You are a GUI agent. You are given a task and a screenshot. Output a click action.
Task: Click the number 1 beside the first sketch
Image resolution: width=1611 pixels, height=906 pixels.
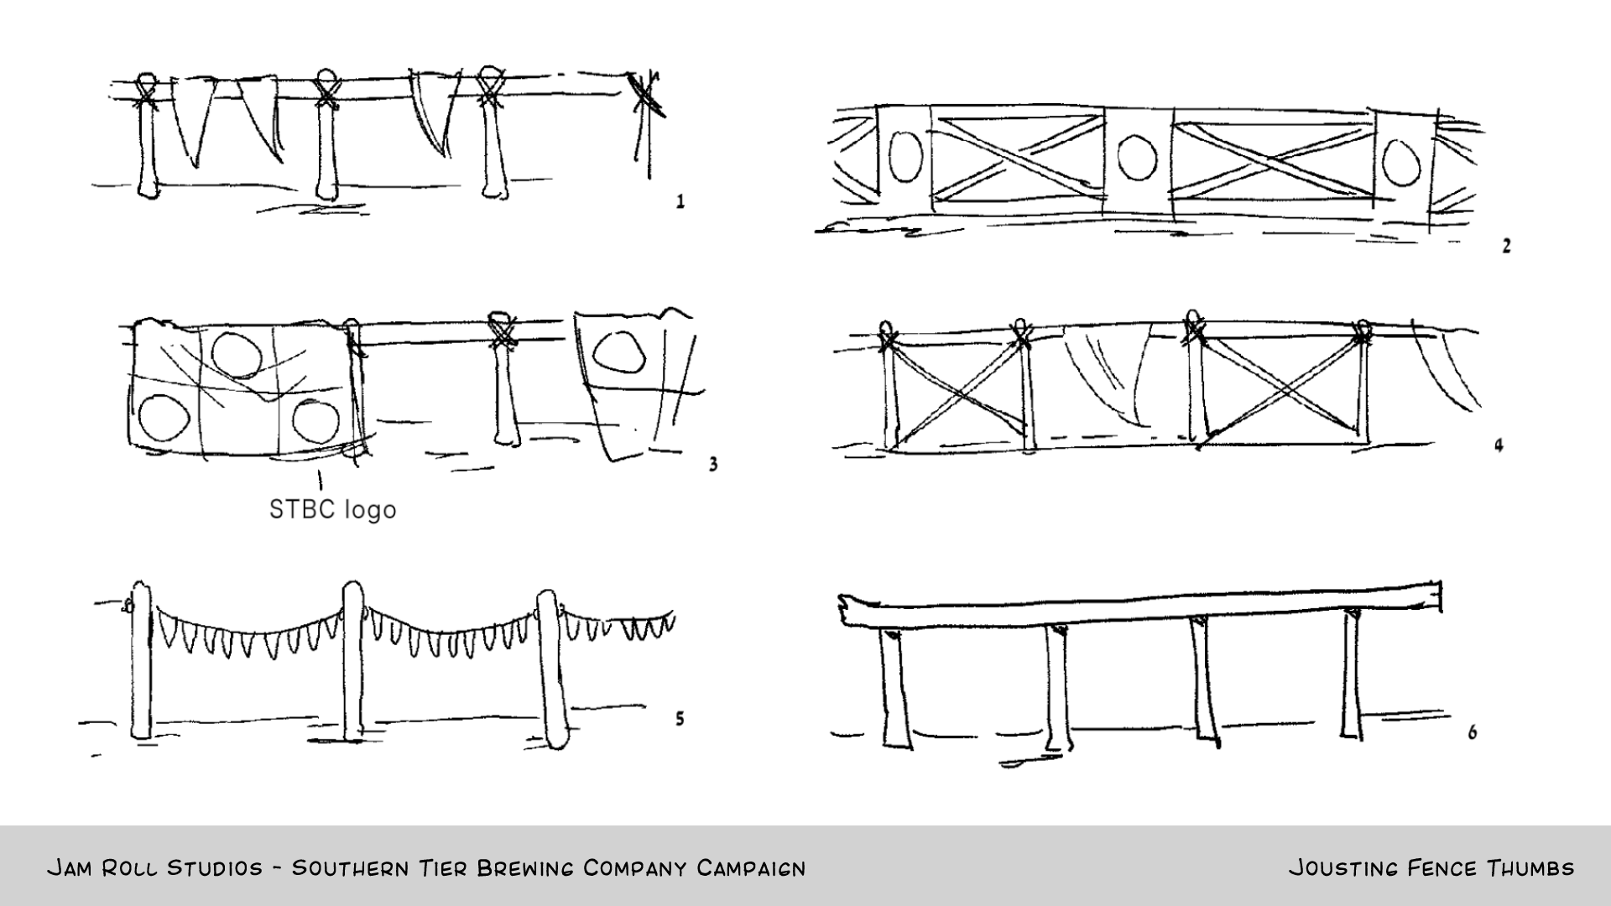coord(680,201)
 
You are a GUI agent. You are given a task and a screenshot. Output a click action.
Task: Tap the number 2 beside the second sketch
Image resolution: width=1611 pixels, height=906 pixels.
coord(1506,246)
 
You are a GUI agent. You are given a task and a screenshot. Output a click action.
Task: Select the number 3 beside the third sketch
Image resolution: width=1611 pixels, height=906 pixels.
coord(713,464)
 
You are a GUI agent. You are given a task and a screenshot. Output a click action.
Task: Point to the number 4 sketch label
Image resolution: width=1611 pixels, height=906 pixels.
coord(1499,445)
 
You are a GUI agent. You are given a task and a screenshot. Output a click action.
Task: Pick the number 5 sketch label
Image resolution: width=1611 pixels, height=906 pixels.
coord(680,719)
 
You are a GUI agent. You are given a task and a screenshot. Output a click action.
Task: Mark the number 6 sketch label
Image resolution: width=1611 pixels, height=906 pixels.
coord(1473,732)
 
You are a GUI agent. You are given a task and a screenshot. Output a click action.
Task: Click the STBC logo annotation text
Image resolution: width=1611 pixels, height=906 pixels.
coord(332,509)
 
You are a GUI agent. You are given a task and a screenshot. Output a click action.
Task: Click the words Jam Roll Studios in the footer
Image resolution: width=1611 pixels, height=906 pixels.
coord(154,868)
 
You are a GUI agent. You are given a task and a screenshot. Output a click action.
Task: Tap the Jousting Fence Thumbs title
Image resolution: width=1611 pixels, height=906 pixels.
coord(1431,868)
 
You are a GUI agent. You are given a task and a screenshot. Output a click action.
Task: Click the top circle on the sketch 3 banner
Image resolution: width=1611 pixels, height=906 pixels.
coord(237,354)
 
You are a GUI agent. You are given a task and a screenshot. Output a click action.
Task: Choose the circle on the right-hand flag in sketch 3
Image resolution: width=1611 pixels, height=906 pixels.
coord(618,351)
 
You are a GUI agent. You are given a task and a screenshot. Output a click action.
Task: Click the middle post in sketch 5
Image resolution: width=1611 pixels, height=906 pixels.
coord(352,663)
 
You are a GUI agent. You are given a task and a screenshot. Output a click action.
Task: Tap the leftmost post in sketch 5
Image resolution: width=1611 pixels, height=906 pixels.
coord(141,663)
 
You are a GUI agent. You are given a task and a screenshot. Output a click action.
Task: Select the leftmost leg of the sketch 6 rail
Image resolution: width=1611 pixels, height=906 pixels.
coord(894,688)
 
